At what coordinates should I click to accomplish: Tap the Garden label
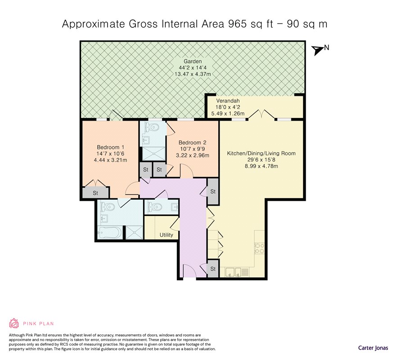coord(193,61)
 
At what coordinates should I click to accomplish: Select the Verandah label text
coord(228,100)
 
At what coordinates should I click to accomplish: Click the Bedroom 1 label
coord(110,147)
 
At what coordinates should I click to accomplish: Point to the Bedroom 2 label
coord(192,143)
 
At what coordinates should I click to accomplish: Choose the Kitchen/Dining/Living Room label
coord(261,153)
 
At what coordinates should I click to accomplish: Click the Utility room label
coord(167,235)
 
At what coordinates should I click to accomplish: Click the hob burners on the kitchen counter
coord(259,248)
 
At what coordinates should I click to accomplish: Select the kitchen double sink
coord(234,272)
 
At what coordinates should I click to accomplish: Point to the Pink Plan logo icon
coord(14,323)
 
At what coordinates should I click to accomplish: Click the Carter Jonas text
coord(373,347)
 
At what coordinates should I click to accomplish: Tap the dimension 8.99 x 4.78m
coord(261,166)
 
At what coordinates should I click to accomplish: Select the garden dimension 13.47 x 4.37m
coord(193,74)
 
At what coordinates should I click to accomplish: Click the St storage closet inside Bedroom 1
coord(95,193)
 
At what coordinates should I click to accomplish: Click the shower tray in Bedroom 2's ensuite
coord(153,153)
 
